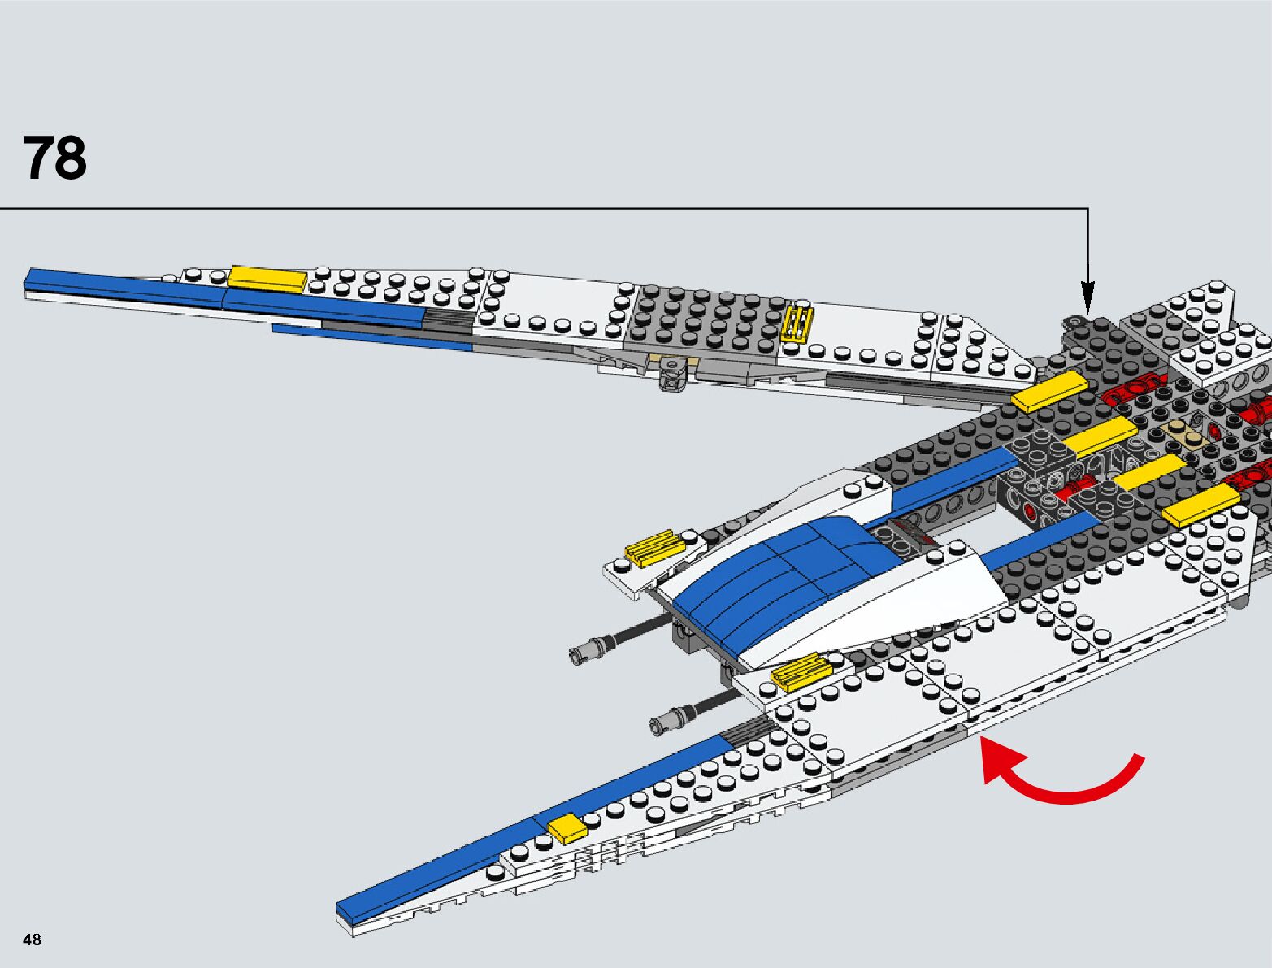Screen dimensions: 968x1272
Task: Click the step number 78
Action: [x=54, y=158]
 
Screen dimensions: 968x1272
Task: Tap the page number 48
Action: [x=32, y=940]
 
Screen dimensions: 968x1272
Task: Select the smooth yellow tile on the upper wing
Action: [x=267, y=279]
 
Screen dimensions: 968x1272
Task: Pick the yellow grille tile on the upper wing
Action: [x=797, y=323]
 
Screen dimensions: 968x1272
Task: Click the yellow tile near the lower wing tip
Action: [x=567, y=828]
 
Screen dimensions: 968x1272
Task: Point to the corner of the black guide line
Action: [x=1087, y=209]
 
